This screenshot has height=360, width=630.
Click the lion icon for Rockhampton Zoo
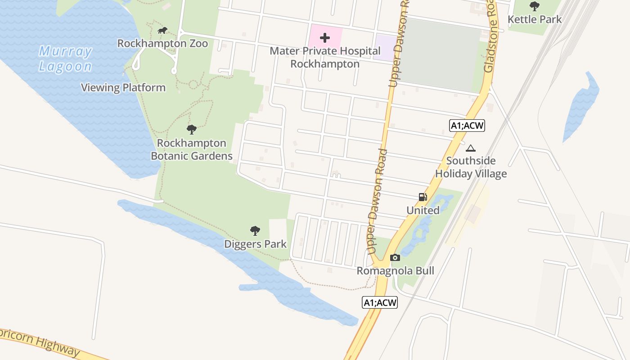[162, 31]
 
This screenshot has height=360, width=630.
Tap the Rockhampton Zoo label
[162, 44]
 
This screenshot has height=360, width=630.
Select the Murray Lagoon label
[65, 59]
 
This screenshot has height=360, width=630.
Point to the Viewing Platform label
[123, 88]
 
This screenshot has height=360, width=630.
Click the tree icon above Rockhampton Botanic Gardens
[192, 130]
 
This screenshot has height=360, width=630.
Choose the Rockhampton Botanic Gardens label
[192, 149]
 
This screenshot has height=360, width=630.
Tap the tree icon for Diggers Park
[255, 231]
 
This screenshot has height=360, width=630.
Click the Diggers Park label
[255, 244]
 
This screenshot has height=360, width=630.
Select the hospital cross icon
[325, 38]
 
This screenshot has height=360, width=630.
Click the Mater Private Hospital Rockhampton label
[325, 58]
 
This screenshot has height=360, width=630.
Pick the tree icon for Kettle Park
[535, 6]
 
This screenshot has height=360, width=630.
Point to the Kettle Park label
[535, 19]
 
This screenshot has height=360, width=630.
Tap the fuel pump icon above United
[423, 197]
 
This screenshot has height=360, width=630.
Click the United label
[423, 210]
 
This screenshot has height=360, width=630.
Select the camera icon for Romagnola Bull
[395, 258]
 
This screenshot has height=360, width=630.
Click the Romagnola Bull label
[395, 271]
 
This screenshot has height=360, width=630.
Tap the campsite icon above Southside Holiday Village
[471, 148]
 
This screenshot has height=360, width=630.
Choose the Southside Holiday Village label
[471, 167]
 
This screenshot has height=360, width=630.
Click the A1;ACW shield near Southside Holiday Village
[468, 126]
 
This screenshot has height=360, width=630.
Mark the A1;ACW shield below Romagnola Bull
[380, 303]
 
